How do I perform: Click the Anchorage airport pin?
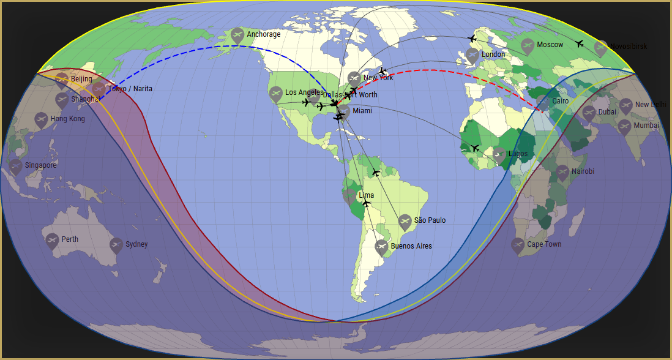[237, 35]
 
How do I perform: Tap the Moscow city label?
[550, 45]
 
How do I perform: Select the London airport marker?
[472, 55]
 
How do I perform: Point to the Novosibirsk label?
[629, 47]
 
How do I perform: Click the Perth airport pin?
[52, 240]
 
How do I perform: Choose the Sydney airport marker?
[116, 245]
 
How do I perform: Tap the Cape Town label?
[544, 244]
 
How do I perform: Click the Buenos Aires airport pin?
[381, 247]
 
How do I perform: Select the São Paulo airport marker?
[405, 221]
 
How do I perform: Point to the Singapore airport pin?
[16, 166]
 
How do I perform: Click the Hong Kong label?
[67, 119]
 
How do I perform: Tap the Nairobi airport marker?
[562, 172]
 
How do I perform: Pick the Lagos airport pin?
[499, 154]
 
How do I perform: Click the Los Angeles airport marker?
[276, 93]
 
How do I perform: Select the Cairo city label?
[560, 101]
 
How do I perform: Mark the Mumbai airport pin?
[624, 126]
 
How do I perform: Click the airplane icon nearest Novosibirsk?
[580, 43]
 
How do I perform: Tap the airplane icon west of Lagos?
[476, 148]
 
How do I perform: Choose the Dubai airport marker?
[589, 113]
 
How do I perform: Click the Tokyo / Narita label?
[130, 89]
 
